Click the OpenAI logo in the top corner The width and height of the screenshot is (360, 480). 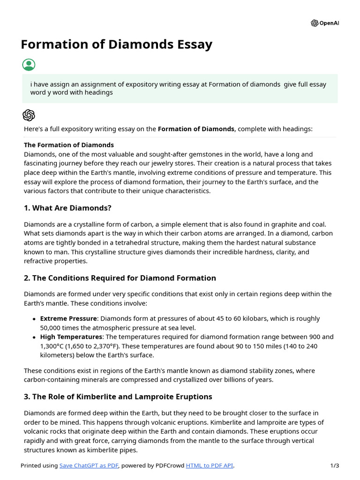(324, 23)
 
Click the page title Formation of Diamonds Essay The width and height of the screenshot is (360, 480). (116, 45)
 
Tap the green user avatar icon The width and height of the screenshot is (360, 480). (29, 65)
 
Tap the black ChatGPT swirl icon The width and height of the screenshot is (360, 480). (29, 115)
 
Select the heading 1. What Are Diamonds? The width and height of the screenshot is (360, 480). (67, 208)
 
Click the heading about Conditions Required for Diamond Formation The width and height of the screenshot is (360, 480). (120, 278)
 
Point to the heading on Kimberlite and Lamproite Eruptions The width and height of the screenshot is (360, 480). (118, 397)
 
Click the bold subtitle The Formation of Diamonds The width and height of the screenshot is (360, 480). (69, 145)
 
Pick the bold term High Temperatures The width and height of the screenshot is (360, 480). (71, 337)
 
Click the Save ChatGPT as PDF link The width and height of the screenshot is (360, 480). (89, 465)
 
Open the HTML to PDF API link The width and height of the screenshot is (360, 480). (209, 465)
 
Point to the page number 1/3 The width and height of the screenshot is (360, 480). (334, 465)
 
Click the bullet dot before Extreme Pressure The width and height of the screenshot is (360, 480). (34, 319)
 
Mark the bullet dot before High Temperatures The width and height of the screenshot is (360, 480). (34, 337)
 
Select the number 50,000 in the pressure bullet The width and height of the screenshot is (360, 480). (52, 328)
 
